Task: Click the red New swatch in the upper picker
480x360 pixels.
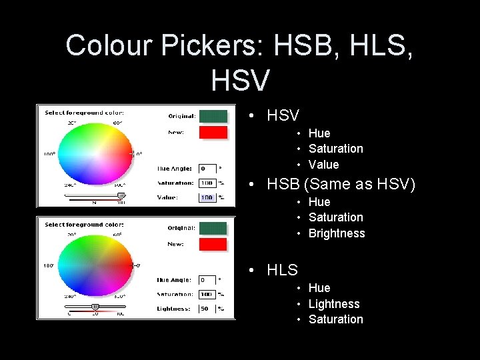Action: (213, 132)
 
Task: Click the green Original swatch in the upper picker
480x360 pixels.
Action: (213, 116)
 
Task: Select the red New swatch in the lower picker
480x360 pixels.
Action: (213, 244)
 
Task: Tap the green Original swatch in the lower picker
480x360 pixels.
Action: (213, 228)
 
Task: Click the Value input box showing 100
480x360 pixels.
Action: (207, 197)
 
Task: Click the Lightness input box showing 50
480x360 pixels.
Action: (207, 309)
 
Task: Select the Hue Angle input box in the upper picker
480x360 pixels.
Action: (207, 169)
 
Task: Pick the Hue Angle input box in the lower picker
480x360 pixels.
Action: (207, 280)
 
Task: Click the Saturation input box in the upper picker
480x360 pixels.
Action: (207, 183)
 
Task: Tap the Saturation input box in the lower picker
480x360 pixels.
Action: (207, 294)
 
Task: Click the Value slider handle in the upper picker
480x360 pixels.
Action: (121, 196)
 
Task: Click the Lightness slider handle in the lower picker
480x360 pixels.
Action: (95, 307)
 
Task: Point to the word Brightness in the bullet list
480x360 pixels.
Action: (337, 233)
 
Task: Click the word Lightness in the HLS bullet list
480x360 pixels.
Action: (334, 304)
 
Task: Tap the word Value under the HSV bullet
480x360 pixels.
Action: (323, 165)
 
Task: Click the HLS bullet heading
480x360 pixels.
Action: (282, 270)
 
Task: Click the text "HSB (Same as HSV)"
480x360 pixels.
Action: (341, 184)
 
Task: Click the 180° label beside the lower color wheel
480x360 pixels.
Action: (49, 265)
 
